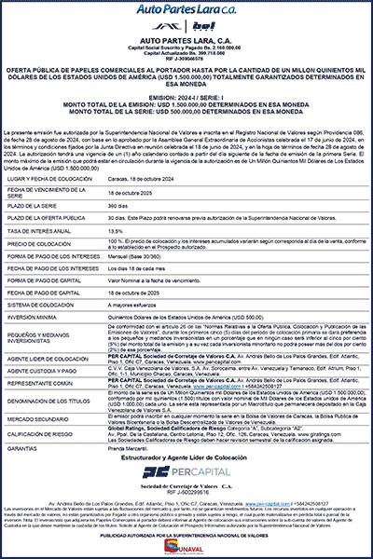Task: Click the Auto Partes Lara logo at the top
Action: click(186, 10)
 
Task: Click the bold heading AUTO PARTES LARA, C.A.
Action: click(186, 43)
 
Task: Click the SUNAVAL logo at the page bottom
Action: click(186, 545)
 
